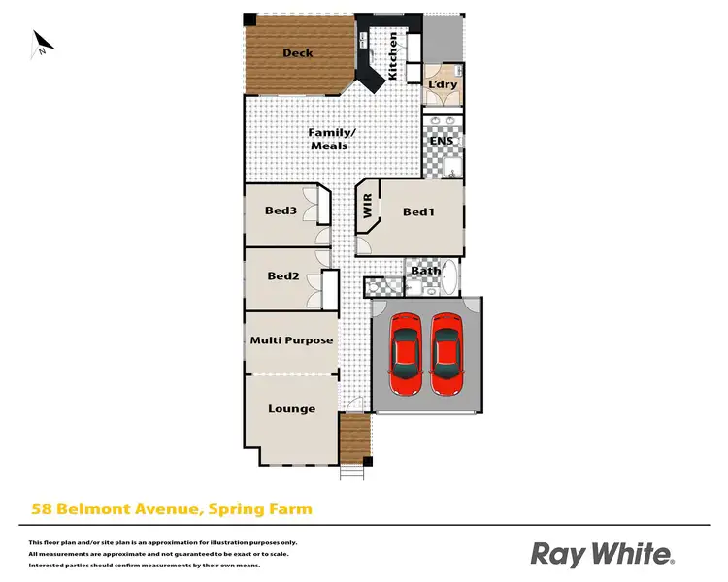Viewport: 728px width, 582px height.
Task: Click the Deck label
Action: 297,53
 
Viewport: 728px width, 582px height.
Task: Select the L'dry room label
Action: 442,84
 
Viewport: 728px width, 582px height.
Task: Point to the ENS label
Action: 442,141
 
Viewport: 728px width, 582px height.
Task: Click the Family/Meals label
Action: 328,139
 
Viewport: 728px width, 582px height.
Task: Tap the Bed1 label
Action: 417,212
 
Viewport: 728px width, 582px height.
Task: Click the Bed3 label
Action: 281,210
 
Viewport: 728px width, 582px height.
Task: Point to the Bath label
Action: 425,271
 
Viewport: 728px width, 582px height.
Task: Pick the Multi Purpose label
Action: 291,340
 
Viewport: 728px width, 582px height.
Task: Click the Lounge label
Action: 292,408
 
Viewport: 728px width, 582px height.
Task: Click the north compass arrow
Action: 41,44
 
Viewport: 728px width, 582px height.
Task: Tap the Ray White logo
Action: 603,554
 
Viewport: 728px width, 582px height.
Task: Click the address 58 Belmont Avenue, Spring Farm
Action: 172,508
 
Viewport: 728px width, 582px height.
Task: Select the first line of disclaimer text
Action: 163,542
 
